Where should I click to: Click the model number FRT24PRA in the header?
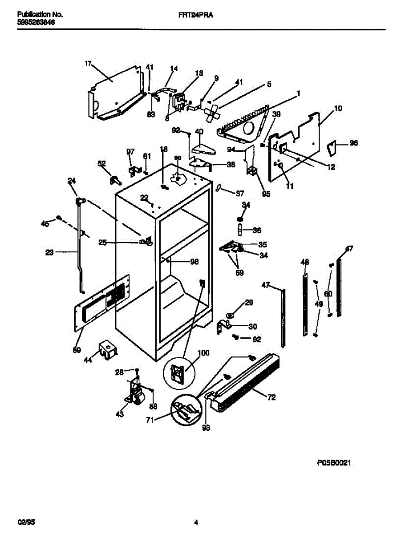193,15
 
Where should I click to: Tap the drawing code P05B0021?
334,463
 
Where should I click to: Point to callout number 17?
88,64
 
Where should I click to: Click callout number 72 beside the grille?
271,397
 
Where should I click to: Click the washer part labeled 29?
229,316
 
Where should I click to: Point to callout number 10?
338,108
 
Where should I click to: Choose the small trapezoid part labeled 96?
332,147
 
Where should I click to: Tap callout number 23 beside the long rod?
49,252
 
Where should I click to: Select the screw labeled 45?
58,218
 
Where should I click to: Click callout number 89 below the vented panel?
77,350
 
